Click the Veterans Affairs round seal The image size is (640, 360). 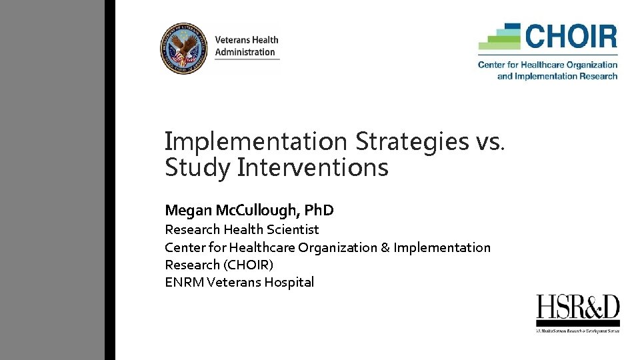(x=184, y=49)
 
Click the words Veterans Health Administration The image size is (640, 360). (x=246, y=46)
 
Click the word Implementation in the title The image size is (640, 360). (x=256, y=141)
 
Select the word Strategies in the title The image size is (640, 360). (x=411, y=141)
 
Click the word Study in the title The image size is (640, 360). (x=198, y=167)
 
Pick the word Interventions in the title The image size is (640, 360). (x=313, y=167)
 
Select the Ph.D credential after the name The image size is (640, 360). (x=319, y=211)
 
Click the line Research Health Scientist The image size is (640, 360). (x=242, y=229)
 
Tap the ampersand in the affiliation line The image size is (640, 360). (x=385, y=247)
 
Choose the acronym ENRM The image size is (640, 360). (x=184, y=282)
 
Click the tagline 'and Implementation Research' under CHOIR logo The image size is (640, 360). (x=557, y=76)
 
